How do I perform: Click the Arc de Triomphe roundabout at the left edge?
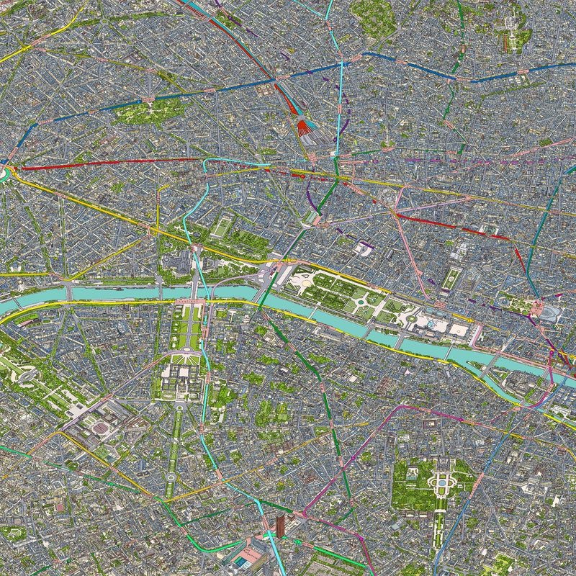[x=4, y=173]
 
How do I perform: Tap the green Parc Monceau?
[x=153, y=110]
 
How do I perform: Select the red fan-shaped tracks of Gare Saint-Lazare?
[x=305, y=128]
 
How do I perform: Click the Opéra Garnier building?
[x=390, y=194]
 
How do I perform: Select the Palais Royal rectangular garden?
[x=451, y=278]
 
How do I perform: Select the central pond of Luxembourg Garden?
[x=441, y=481]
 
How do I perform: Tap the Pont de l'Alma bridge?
[x=69, y=292]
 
